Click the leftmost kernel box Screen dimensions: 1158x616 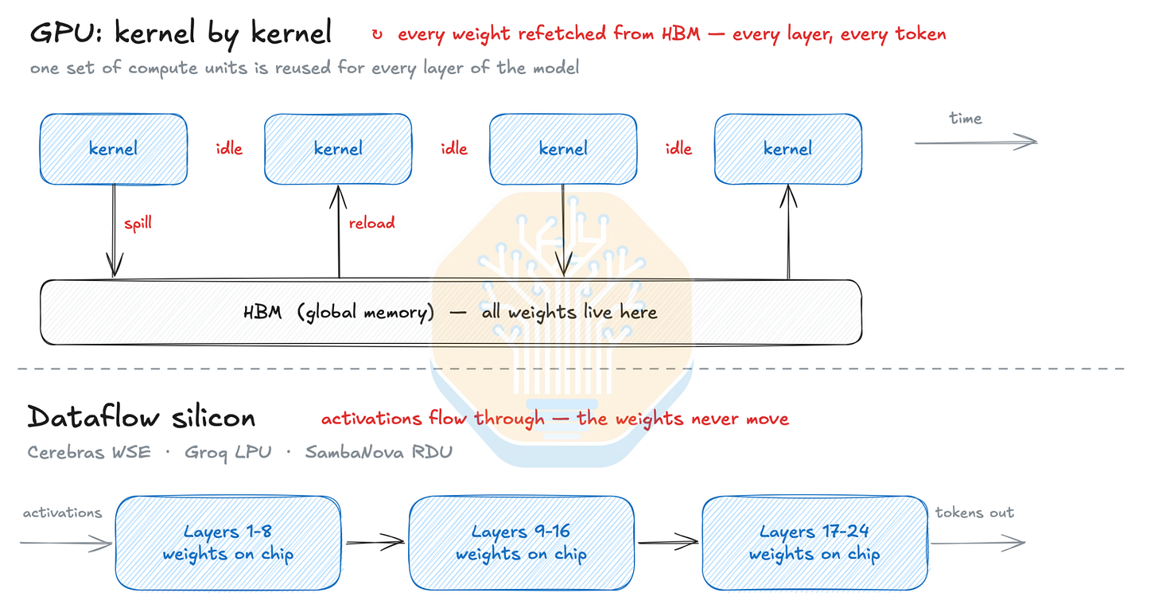(x=114, y=149)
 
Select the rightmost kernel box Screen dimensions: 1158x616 (x=788, y=149)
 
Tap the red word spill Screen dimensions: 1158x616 (x=138, y=224)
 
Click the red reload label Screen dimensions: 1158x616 (x=371, y=223)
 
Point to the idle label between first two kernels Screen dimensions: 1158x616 (x=229, y=149)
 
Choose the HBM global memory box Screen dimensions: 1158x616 (x=451, y=312)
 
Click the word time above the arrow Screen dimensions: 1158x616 (x=966, y=119)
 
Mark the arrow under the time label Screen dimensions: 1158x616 (x=976, y=142)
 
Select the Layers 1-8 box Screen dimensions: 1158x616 (x=228, y=543)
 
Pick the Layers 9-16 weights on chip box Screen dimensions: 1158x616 (x=522, y=543)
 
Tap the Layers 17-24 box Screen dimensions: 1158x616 (x=815, y=543)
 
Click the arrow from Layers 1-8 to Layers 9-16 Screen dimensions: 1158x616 (x=375, y=542)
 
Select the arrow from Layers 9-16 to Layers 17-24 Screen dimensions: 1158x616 (x=668, y=542)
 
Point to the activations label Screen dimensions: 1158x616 (x=62, y=513)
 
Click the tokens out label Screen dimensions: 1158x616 (x=974, y=512)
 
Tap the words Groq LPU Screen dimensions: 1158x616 (x=228, y=453)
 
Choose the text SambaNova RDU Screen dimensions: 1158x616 (x=379, y=452)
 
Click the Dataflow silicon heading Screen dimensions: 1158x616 (x=141, y=417)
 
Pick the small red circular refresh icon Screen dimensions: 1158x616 (x=377, y=35)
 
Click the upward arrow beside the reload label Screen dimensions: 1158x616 (x=339, y=232)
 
